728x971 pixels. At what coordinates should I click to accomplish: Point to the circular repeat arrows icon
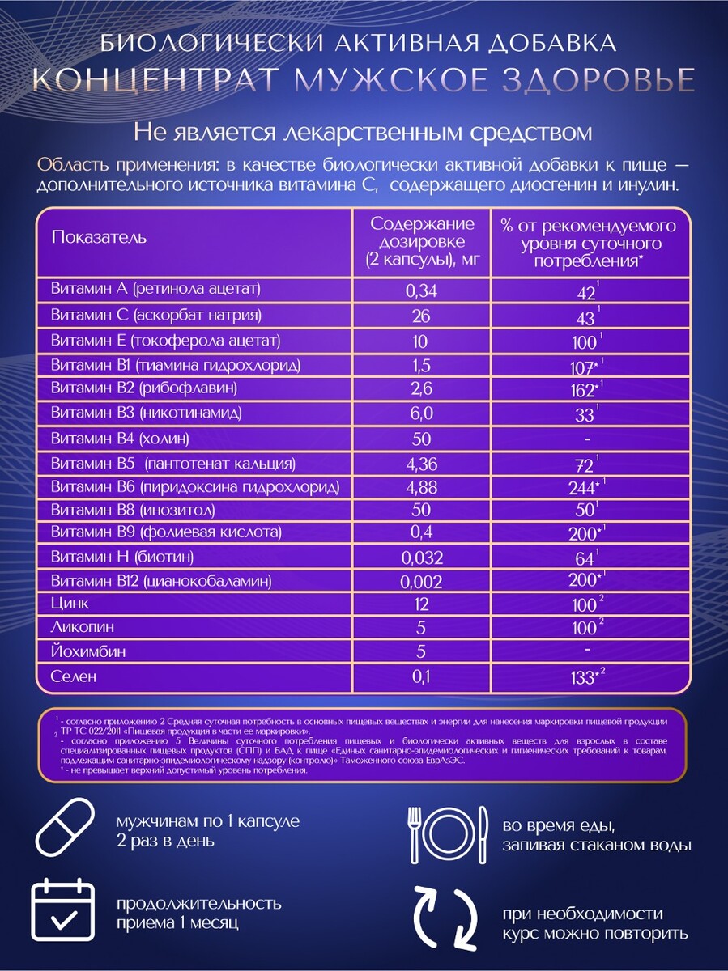click(x=445, y=920)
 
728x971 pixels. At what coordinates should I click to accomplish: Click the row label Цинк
click(x=70, y=603)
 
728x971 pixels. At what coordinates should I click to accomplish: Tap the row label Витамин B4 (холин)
click(x=120, y=439)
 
